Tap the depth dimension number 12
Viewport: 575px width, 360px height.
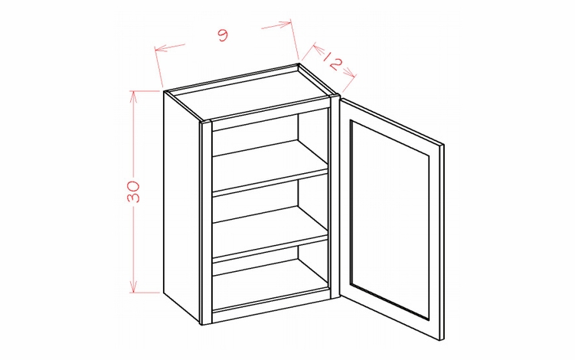(330, 62)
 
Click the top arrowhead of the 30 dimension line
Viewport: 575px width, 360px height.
(135, 94)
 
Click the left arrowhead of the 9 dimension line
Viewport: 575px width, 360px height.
(158, 51)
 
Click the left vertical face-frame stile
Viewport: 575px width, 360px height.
(205, 222)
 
